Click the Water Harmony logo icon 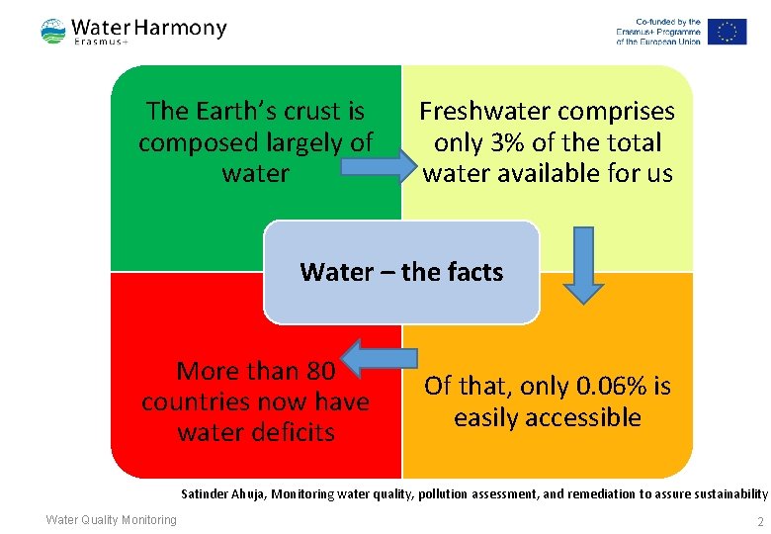click(53, 31)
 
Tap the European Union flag click(727, 32)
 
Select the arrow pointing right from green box click(377, 165)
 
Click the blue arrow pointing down click(583, 264)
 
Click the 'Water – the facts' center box click(401, 272)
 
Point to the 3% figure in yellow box click(508, 142)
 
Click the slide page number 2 click(759, 521)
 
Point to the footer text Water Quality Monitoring click(112, 520)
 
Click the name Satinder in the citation click(206, 492)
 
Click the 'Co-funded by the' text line click(668, 21)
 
